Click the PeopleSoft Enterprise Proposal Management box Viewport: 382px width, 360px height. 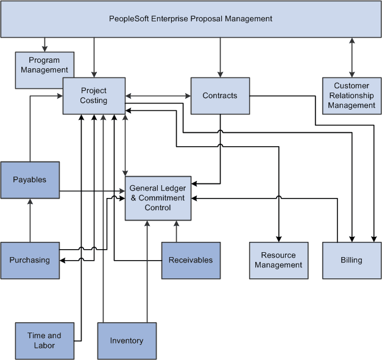(191, 19)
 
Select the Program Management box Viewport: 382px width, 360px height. (44, 66)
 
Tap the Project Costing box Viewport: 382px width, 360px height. (94, 96)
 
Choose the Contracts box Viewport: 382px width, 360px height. (220, 96)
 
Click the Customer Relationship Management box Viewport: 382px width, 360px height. (352, 96)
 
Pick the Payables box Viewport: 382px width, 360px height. (30, 180)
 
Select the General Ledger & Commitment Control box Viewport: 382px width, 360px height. (158, 198)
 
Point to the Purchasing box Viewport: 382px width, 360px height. (30, 260)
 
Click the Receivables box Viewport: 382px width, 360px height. (191, 260)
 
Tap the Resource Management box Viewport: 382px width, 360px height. (278, 260)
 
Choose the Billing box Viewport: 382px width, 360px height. (352, 260)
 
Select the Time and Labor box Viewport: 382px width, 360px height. (44, 341)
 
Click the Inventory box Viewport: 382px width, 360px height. (127, 341)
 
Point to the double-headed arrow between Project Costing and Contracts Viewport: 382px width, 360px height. (158, 96)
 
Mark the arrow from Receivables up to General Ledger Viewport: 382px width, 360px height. (176, 231)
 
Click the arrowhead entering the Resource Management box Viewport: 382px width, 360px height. (278, 238)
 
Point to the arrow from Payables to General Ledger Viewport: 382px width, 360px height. (91, 192)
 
